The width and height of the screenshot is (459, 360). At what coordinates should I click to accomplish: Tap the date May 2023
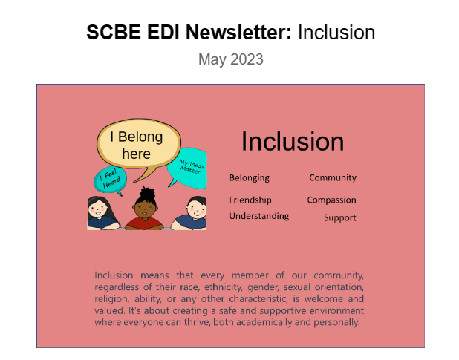coord(230,59)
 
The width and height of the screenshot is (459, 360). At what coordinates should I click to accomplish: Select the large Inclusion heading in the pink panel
coord(293,141)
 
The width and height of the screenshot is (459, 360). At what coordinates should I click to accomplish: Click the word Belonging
coord(250,178)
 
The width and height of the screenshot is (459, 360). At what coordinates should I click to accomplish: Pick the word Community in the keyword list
coord(333,178)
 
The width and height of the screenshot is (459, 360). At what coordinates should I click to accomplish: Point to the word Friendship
coord(250,200)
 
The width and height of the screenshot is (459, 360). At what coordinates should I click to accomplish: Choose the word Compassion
coord(332,200)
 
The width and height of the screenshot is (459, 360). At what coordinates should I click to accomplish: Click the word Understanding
coord(259,216)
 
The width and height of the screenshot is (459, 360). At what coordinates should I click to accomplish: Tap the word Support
coord(339,218)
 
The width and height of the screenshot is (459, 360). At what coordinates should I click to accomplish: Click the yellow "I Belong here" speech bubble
coord(138,145)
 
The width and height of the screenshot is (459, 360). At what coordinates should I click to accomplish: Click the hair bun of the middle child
coord(146,193)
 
